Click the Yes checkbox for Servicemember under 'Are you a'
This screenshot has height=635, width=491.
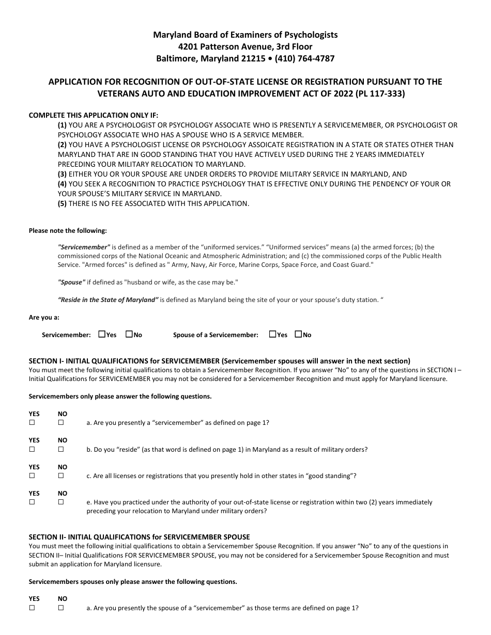tap(101, 335)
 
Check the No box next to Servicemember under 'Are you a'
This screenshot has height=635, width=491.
tap(129, 335)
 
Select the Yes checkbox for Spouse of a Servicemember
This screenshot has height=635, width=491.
tap(272, 335)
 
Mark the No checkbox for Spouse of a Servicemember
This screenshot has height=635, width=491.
tap(298, 335)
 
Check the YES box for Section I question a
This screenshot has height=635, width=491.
tap(32, 422)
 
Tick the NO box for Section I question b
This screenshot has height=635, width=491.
tap(60, 449)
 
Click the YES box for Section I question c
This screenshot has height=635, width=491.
tap(32, 475)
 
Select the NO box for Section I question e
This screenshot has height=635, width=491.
tap(60, 502)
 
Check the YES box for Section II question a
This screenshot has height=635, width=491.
tap(32, 608)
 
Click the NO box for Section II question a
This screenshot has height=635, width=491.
tap(60, 608)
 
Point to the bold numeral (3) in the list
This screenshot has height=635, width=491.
tap(62, 174)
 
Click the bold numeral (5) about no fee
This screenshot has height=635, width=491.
tap(62, 203)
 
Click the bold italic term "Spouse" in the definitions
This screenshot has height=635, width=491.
tap(71, 282)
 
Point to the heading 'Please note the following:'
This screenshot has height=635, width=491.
tap(68, 231)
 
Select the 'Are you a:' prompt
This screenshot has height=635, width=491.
tap(44, 317)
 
